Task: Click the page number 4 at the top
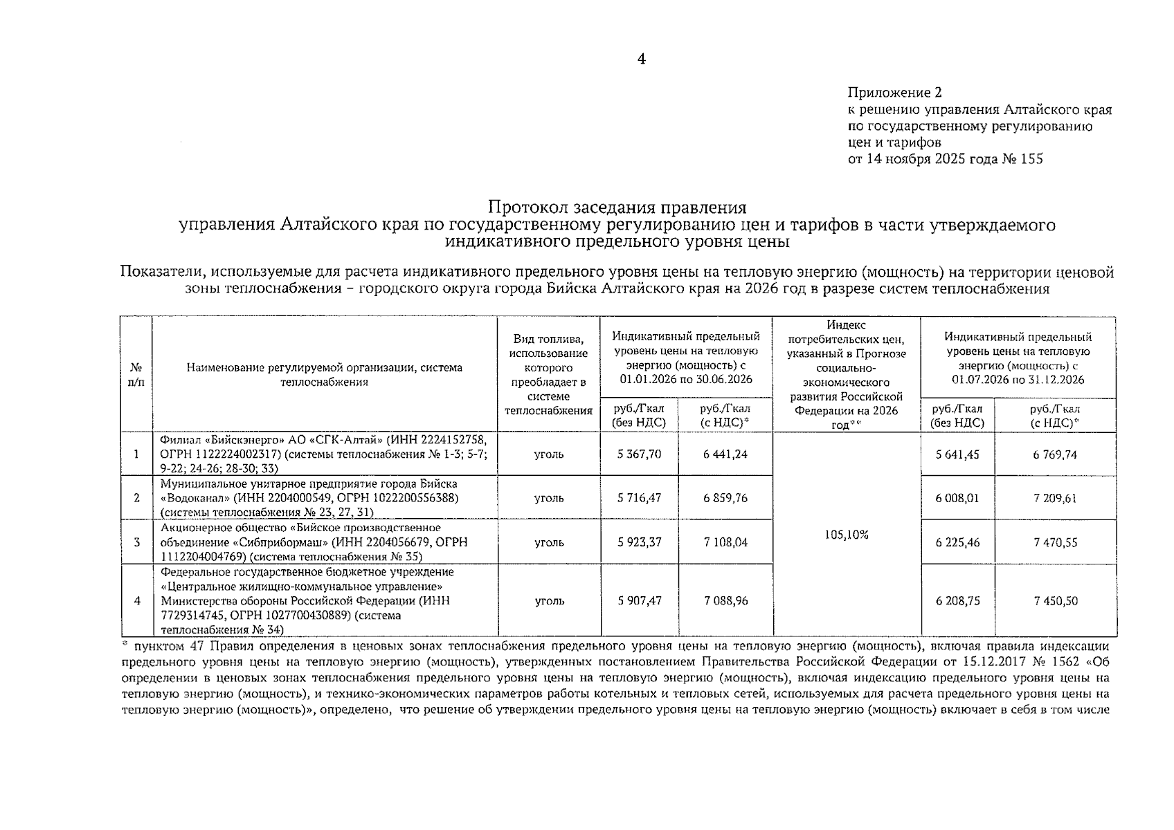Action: click(641, 59)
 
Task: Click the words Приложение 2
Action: click(894, 93)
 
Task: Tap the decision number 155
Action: click(1031, 159)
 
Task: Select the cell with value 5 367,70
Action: click(639, 454)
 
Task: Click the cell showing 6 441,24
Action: click(725, 454)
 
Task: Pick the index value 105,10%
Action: click(846, 535)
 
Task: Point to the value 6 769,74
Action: click(1055, 454)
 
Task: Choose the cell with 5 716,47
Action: click(639, 498)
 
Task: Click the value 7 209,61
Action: click(1055, 498)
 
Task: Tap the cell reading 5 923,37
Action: click(639, 542)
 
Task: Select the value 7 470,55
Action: click(1055, 543)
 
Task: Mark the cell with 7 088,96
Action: click(725, 601)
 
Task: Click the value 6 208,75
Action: click(957, 601)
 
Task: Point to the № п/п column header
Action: click(136, 374)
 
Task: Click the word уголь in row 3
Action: click(549, 542)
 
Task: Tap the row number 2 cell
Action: click(136, 498)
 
